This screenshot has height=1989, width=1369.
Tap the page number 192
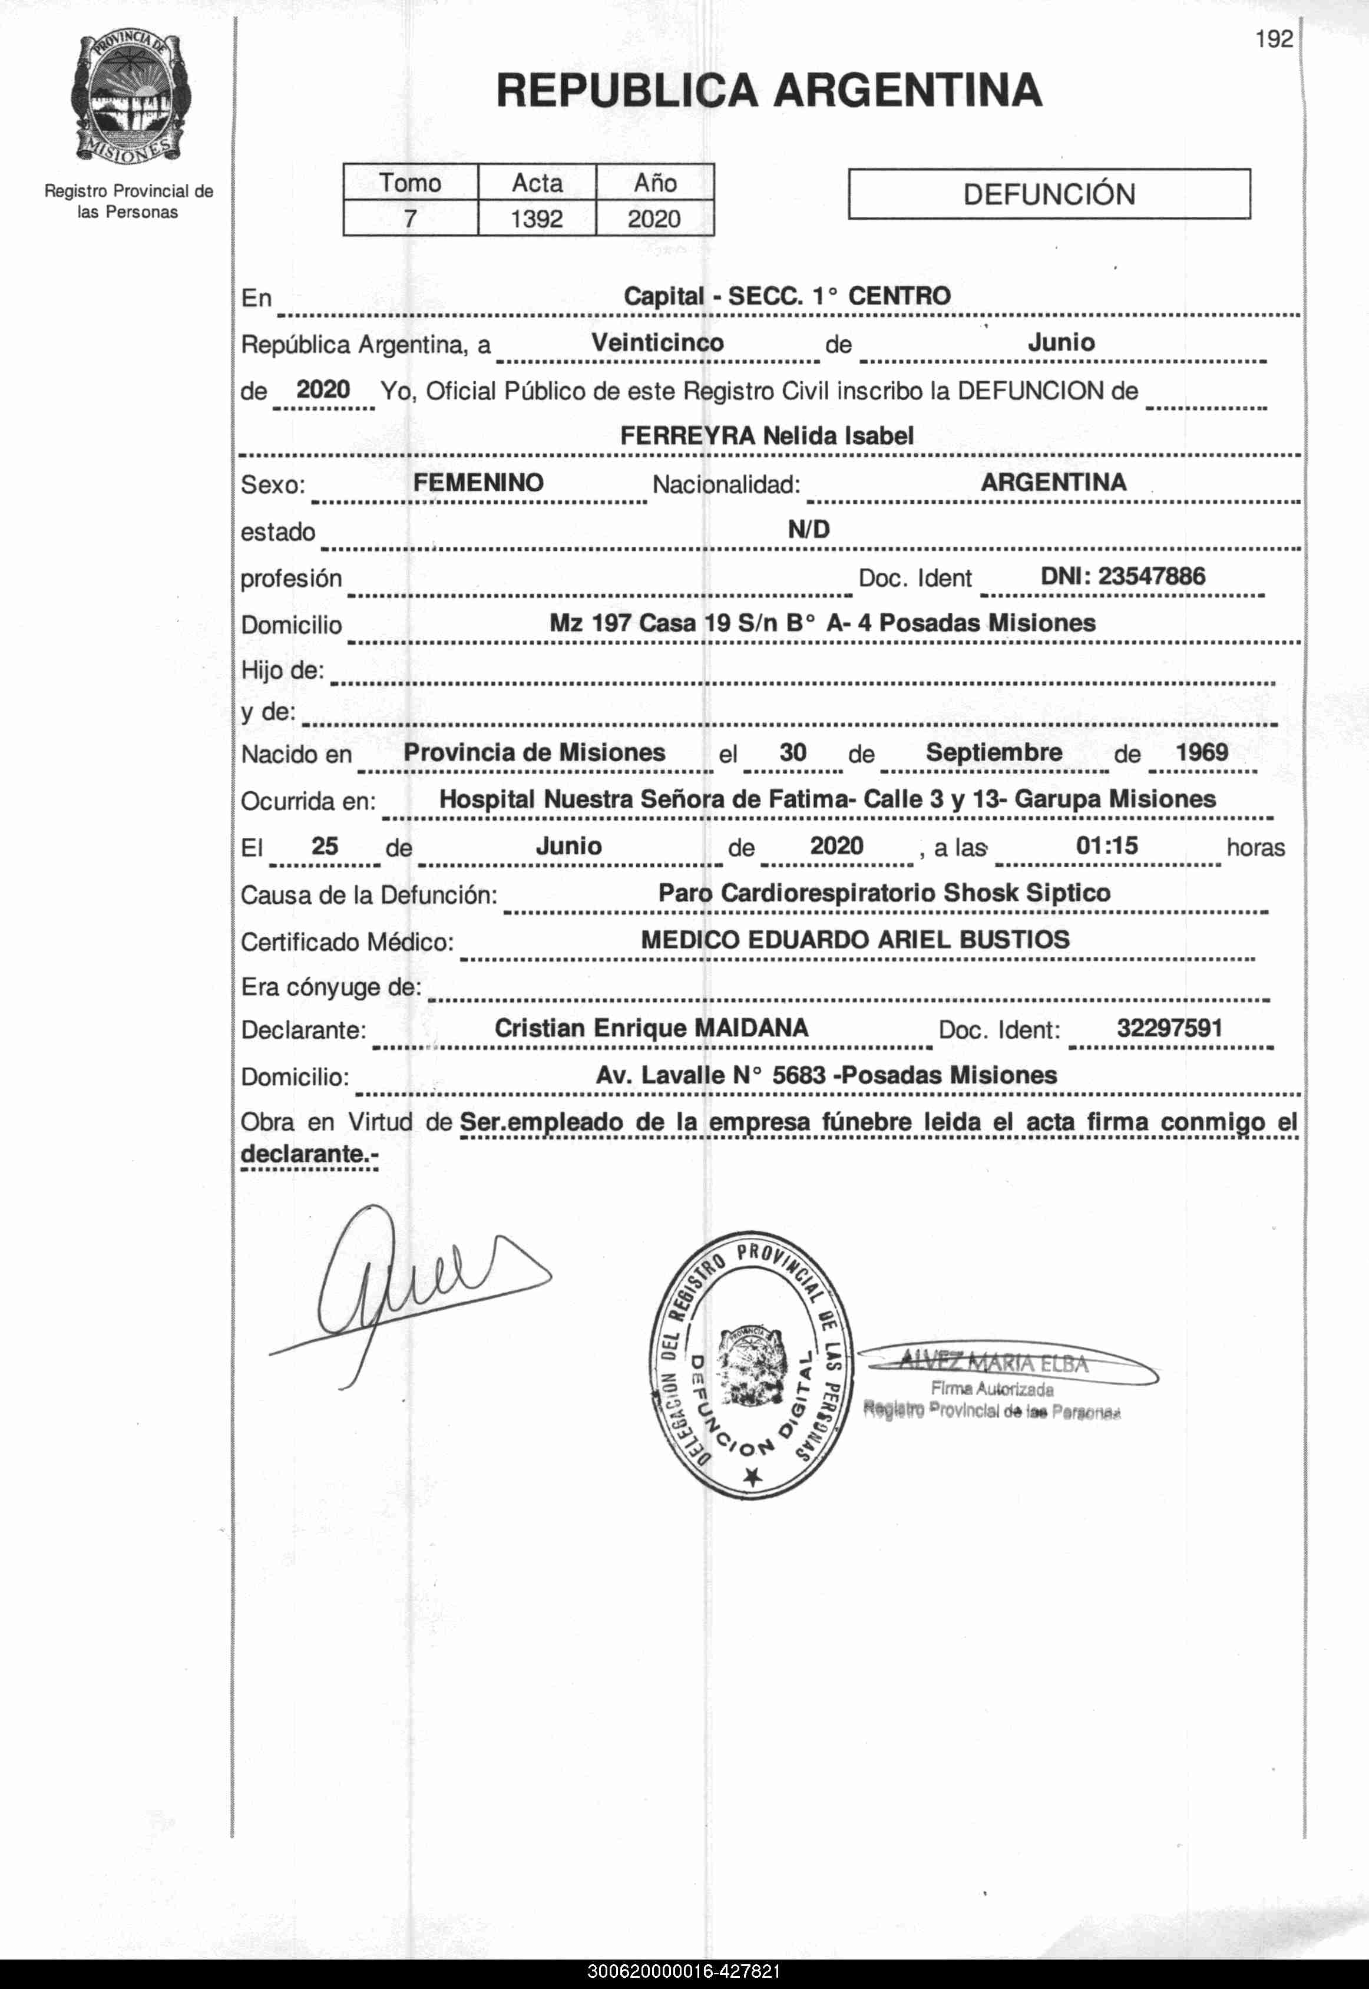tap(1273, 39)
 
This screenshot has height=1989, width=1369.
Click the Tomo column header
tap(410, 183)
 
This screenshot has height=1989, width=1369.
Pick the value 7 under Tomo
tap(410, 219)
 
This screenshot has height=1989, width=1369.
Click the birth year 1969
tap(1201, 752)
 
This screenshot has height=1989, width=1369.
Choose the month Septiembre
tap(993, 752)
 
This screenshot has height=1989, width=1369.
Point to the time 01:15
tap(1106, 845)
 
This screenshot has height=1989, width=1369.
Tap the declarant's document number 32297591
tap(1169, 1027)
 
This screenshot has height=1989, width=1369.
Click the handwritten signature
tap(403, 1287)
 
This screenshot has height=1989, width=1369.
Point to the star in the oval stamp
tap(752, 1475)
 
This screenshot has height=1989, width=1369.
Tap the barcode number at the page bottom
tap(684, 1971)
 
